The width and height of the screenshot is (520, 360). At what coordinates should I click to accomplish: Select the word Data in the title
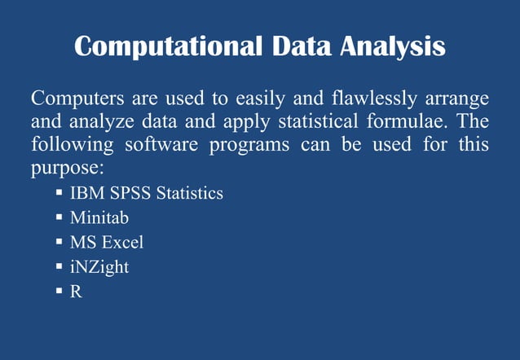(x=299, y=46)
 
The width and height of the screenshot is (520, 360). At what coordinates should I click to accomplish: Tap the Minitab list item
(x=99, y=218)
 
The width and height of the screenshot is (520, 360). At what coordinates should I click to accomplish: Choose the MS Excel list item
(x=107, y=242)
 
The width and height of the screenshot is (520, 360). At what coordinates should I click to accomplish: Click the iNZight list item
(x=99, y=266)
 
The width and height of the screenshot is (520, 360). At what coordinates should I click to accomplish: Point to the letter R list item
(x=76, y=290)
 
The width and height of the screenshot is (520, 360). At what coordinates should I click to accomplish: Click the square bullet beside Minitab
(x=59, y=218)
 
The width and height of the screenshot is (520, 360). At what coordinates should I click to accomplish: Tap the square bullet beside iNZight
(x=59, y=266)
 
